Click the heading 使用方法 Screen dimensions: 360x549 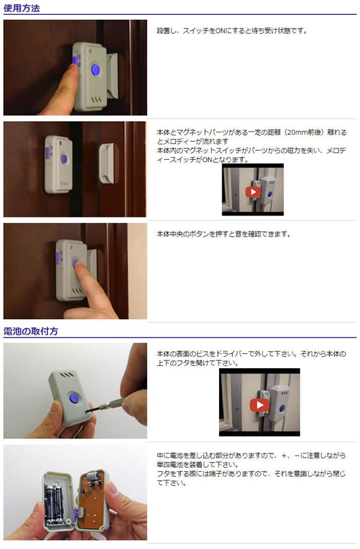tap(21, 8)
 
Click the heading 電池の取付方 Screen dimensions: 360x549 tap(30, 331)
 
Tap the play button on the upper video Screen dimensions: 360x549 tap(253, 192)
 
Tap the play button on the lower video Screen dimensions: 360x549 tap(259, 405)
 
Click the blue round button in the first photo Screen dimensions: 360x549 tap(96, 70)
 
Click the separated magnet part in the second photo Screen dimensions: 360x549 tap(107, 163)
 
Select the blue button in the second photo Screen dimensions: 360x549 tap(64, 160)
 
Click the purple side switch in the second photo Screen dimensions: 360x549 tap(47, 153)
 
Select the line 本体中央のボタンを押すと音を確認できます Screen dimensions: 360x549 tap(223, 234)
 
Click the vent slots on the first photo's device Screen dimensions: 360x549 tap(96, 99)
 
